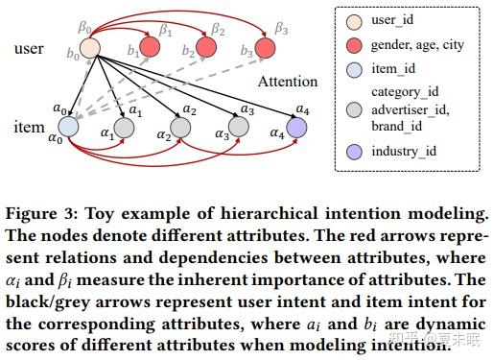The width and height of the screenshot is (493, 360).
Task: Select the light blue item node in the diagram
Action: coord(68,126)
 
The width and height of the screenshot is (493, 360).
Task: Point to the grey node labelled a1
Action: coord(124,127)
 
